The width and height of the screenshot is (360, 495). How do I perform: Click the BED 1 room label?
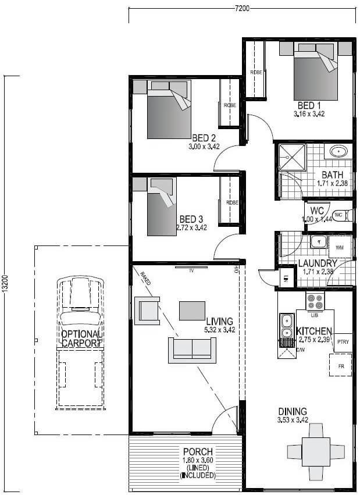[309, 106]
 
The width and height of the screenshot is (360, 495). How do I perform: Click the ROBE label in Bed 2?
[229, 105]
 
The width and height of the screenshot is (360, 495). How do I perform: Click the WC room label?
[317, 210]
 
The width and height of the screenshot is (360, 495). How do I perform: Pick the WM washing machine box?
[340, 247]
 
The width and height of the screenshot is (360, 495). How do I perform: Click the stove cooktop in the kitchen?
[315, 301]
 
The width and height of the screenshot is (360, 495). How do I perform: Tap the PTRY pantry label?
[343, 342]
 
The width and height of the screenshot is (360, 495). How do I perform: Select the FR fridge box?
[341, 367]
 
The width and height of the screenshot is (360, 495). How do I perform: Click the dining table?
[316, 450]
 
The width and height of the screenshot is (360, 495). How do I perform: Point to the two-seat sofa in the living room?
[192, 349]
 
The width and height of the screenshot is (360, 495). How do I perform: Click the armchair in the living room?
[147, 310]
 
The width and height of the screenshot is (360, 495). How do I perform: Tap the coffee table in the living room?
[191, 310]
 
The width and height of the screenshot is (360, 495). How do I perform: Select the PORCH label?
[198, 452]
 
